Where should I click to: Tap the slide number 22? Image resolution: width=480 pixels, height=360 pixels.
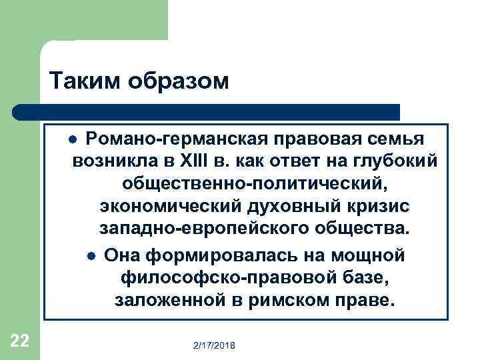[20, 341]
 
